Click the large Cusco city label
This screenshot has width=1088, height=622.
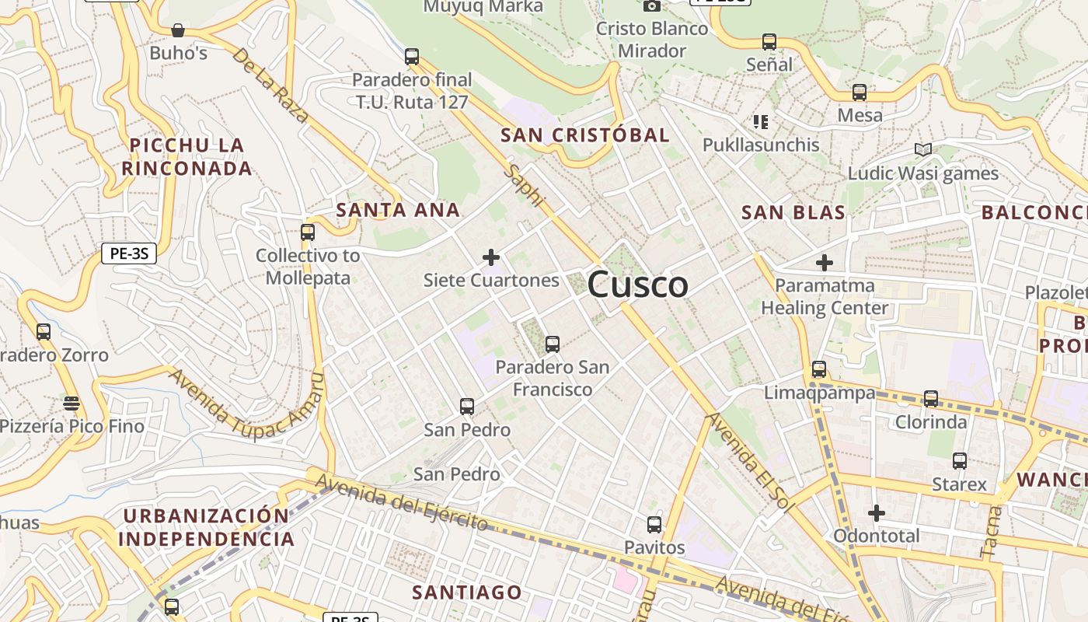click(x=637, y=285)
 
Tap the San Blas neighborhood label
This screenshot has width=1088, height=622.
click(x=793, y=212)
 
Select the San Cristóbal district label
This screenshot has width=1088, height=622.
click(x=584, y=135)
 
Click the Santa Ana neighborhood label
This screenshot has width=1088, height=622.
click(x=398, y=209)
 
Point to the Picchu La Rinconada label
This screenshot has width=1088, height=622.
click(x=187, y=156)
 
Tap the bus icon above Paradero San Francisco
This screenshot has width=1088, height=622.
click(x=553, y=344)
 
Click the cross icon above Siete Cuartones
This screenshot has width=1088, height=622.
click(x=491, y=257)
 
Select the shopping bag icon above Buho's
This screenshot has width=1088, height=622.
click(x=178, y=30)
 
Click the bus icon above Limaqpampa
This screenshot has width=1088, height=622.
click(x=819, y=369)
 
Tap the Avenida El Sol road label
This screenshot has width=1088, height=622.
click(x=749, y=462)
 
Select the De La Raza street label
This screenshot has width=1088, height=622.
click(x=270, y=86)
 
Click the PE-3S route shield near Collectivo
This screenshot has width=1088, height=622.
click(x=129, y=253)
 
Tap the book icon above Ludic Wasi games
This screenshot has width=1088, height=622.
click(x=922, y=149)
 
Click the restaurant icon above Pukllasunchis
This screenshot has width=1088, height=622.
click(x=760, y=121)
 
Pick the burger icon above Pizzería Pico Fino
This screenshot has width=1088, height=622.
click(x=71, y=403)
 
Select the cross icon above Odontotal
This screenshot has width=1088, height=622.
click(x=877, y=513)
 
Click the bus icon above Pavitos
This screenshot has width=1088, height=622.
click(x=654, y=525)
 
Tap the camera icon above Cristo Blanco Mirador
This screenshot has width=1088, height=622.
click(x=652, y=6)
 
